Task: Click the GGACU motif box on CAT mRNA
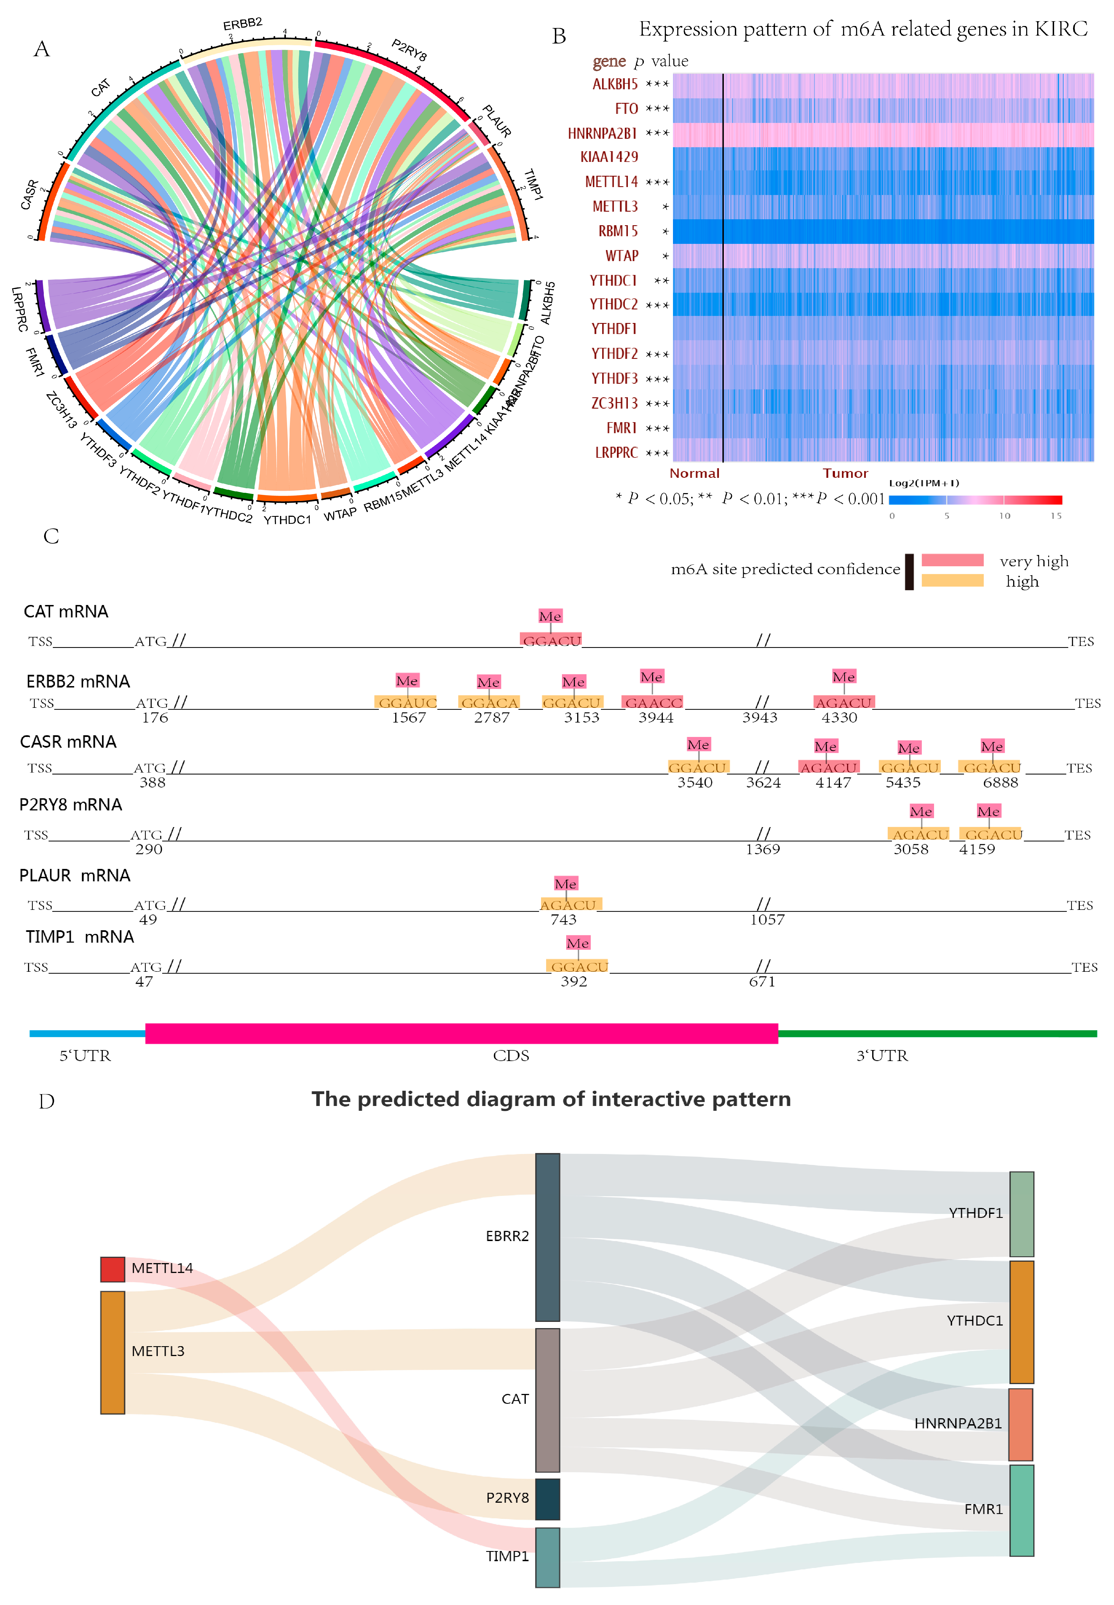[551, 640]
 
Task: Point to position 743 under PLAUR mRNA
[563, 920]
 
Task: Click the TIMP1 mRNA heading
[80, 937]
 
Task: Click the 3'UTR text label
[882, 1056]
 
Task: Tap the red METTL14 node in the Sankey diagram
[112, 1269]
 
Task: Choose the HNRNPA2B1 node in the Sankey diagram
[1020, 1424]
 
